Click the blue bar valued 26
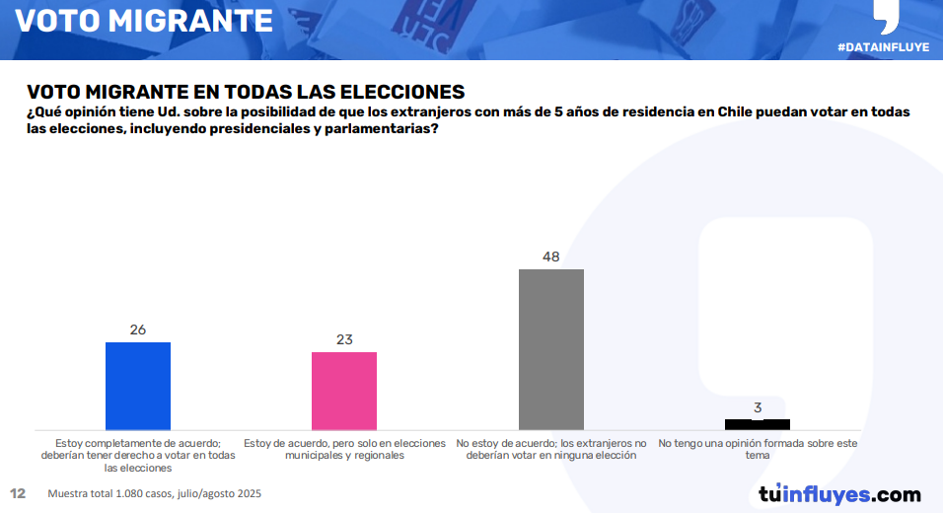(138, 385)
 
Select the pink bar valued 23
(344, 390)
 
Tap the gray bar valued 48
(551, 348)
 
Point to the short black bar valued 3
(758, 424)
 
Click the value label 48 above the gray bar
(551, 256)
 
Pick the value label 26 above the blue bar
(138, 330)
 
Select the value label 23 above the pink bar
(344, 339)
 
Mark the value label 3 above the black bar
(758, 406)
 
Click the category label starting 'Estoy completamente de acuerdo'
(138, 456)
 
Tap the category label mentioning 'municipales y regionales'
(344, 450)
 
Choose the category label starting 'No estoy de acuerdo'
(551, 450)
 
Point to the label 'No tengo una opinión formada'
(758, 450)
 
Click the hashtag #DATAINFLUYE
(883, 47)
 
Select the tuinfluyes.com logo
(839, 494)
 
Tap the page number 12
(18, 493)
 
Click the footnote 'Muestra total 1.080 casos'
(155, 493)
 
